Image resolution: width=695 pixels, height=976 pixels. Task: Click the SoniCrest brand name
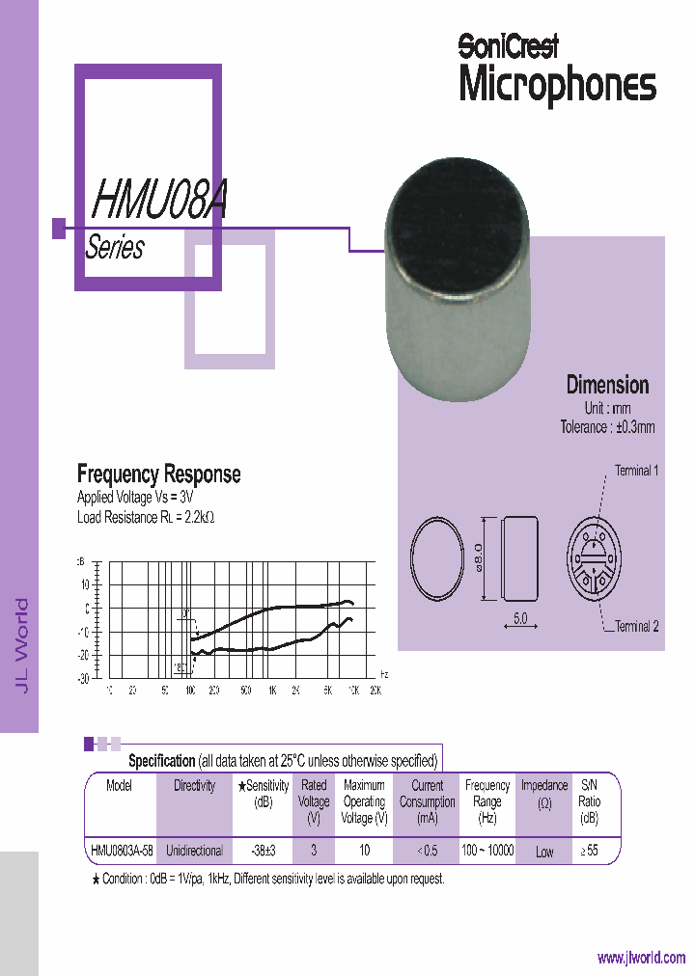point(508,45)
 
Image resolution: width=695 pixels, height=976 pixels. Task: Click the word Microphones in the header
point(557,85)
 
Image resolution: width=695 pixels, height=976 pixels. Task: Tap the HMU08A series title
point(159,200)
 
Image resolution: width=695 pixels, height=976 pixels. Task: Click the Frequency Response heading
point(158,474)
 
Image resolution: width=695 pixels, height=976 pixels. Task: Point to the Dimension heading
point(607,385)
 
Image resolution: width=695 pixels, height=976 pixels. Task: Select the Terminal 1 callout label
point(637,472)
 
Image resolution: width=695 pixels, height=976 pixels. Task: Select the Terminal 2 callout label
point(637,626)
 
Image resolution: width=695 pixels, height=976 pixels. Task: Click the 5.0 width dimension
point(520,619)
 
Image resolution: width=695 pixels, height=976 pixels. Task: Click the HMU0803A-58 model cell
point(120,851)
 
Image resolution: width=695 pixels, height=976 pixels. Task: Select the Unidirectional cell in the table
point(194,851)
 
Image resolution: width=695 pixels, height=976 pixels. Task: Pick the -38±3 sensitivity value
point(263,851)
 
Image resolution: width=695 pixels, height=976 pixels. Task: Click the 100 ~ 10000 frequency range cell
point(487,851)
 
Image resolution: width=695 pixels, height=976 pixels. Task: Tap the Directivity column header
point(194,786)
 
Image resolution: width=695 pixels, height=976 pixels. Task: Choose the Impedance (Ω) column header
point(544,794)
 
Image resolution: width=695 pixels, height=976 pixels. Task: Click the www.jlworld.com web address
point(641,958)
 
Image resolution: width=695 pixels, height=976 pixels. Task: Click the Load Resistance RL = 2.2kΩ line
point(145,517)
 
